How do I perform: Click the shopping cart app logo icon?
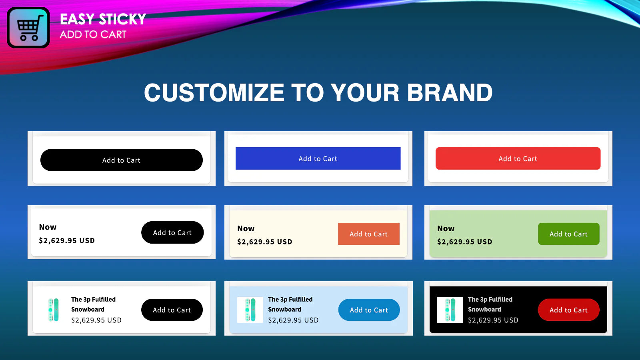(28, 28)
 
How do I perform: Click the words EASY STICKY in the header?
(103, 20)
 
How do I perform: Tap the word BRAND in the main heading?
(450, 92)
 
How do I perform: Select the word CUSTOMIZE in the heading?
(214, 92)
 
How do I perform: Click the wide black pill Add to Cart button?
(122, 160)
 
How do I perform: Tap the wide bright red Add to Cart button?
(518, 158)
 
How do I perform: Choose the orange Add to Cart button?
(368, 234)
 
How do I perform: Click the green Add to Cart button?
(568, 234)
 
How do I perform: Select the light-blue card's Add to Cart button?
(369, 310)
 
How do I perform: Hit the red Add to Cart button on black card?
(568, 310)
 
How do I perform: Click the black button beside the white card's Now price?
(172, 232)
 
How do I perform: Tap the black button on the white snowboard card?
(172, 310)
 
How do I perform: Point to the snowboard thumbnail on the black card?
(450, 310)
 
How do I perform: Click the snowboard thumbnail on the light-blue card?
(250, 310)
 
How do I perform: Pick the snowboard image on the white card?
(54, 310)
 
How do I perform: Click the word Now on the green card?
(446, 228)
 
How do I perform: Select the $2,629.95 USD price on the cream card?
(264, 242)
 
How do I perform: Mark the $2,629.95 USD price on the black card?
(493, 320)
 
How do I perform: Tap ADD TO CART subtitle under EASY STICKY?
(93, 34)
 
